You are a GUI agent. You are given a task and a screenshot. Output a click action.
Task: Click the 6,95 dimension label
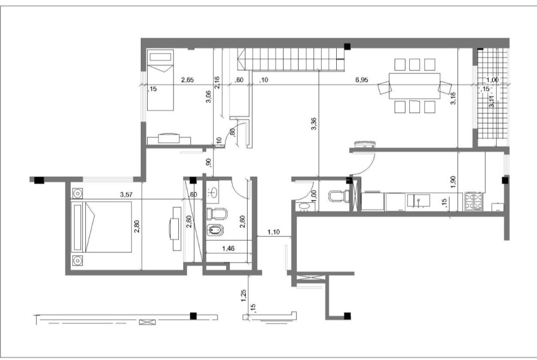[361, 80]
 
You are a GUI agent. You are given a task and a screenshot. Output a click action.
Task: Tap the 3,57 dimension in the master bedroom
[126, 195]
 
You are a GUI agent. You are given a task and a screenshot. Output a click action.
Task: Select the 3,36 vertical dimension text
[314, 124]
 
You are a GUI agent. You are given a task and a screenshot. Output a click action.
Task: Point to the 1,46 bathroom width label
[228, 248]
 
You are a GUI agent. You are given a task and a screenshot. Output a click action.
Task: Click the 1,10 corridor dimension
[274, 232]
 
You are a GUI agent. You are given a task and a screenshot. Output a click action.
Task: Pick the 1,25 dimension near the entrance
[244, 296]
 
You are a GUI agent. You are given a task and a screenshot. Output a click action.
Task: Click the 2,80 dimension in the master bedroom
[136, 226]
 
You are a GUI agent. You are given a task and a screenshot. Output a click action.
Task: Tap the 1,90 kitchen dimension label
[453, 182]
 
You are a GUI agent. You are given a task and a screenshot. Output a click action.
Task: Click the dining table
[415, 86]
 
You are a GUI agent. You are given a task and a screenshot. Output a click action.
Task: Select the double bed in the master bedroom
[101, 227]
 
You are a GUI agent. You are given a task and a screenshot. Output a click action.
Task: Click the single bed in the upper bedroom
[160, 80]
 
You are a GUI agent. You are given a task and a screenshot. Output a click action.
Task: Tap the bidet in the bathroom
[215, 230]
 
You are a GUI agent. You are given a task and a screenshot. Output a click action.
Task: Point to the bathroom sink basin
[213, 193]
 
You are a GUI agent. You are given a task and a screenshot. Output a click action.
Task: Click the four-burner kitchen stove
[474, 202]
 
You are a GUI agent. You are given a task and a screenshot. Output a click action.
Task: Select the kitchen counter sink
[418, 201]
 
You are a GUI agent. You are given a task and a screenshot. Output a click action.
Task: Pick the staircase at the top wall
[291, 59]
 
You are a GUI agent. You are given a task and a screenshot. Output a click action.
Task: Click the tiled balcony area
[492, 93]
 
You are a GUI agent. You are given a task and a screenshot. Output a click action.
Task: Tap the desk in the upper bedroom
[169, 139]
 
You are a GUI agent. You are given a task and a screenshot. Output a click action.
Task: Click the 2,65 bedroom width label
[187, 80]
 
